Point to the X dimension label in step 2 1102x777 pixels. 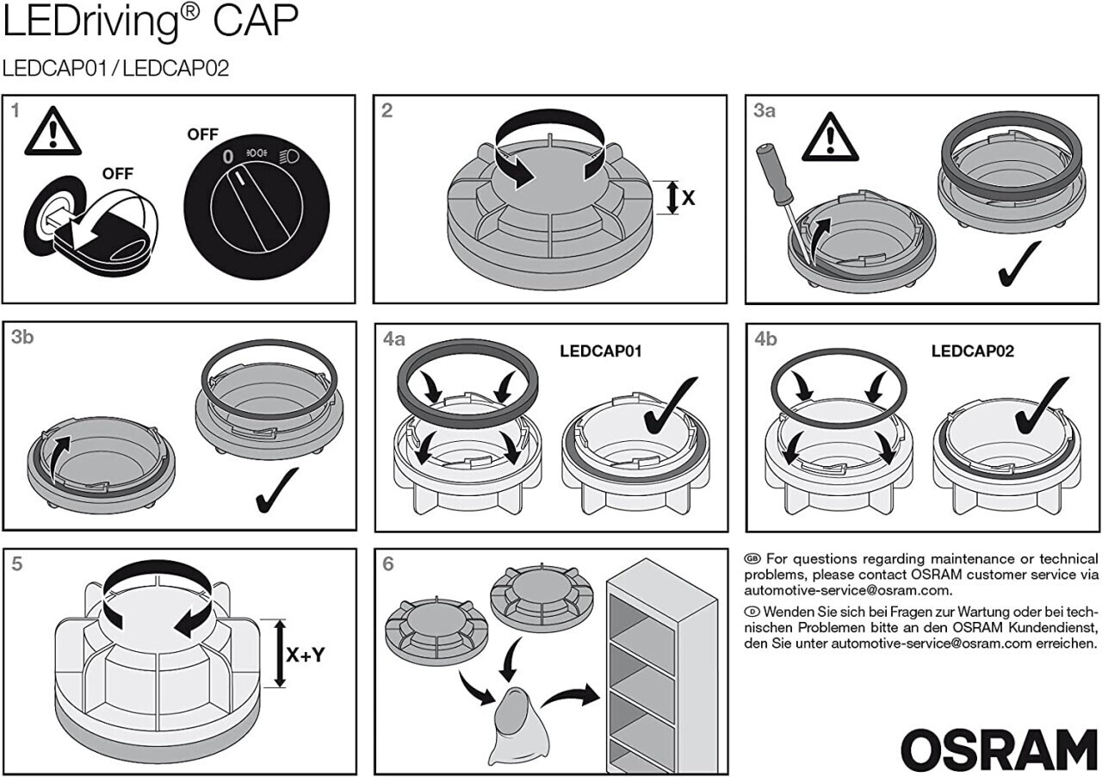[688, 198]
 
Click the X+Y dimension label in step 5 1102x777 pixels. [306, 655]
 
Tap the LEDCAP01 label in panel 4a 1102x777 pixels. [601, 351]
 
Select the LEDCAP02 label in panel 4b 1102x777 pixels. [973, 351]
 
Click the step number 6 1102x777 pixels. [388, 563]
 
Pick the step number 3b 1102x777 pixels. [22, 338]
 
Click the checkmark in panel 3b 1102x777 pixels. [277, 489]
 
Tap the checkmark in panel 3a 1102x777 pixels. [1019, 264]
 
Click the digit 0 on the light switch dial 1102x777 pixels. [228, 157]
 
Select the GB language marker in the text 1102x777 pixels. [752, 558]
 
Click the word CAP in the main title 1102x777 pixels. [256, 21]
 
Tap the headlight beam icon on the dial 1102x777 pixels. [290, 157]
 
